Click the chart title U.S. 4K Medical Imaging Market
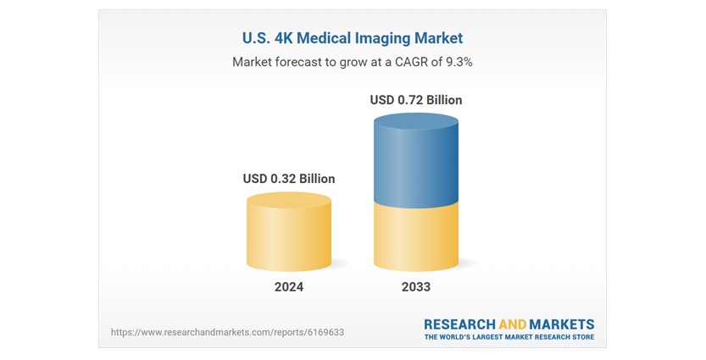point(352,38)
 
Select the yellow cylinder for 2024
point(288,237)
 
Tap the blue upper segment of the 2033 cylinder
point(415,165)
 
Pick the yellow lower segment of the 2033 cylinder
point(415,237)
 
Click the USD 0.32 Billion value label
point(288,179)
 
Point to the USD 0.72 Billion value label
point(415,100)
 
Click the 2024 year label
point(288,287)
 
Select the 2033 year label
point(415,287)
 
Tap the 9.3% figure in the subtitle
point(456,63)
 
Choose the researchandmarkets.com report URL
point(227,332)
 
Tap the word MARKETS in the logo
point(562,324)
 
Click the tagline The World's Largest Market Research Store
point(509,337)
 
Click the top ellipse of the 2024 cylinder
point(288,201)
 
